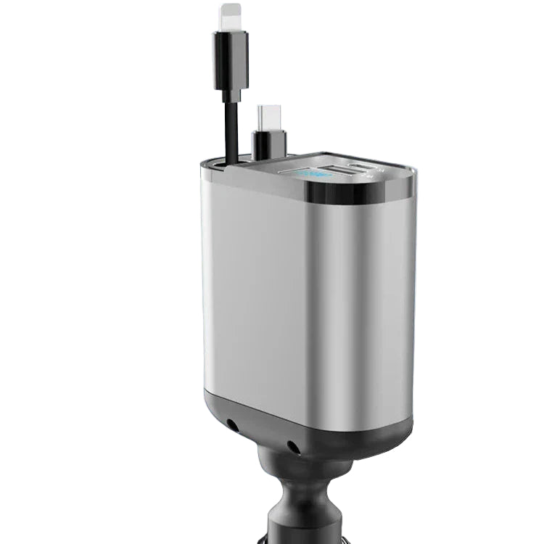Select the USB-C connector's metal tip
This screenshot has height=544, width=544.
[269, 115]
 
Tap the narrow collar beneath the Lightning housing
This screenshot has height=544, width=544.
[231, 94]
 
